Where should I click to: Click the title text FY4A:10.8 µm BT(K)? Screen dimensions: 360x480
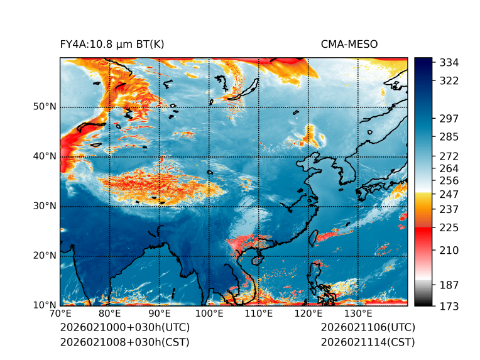point(112,44)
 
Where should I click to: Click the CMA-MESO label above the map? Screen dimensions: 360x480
point(349,44)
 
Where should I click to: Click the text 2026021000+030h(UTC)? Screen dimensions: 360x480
point(125,328)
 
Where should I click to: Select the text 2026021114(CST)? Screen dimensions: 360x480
point(368,342)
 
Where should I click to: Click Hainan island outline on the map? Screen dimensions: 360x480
point(256,259)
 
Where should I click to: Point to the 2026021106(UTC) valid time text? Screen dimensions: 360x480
point(368,328)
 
